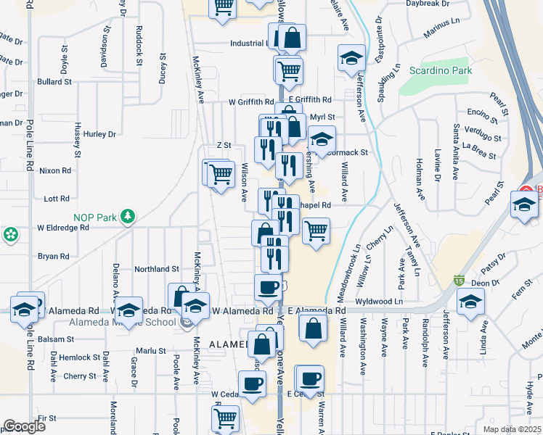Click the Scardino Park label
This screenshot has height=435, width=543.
click(441, 70)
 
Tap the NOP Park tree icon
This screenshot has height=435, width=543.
click(128, 216)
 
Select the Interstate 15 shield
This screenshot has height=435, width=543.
click(459, 280)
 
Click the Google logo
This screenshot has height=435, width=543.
click(24, 426)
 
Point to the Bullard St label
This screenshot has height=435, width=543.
click(54, 82)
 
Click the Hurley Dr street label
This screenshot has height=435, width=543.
click(99, 134)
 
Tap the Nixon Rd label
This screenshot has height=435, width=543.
click(56, 171)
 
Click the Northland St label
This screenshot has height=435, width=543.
click(155, 268)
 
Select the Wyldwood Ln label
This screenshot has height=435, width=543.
click(379, 301)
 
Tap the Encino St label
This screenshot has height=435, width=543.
click(483, 112)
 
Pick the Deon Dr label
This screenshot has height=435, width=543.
click(483, 283)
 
